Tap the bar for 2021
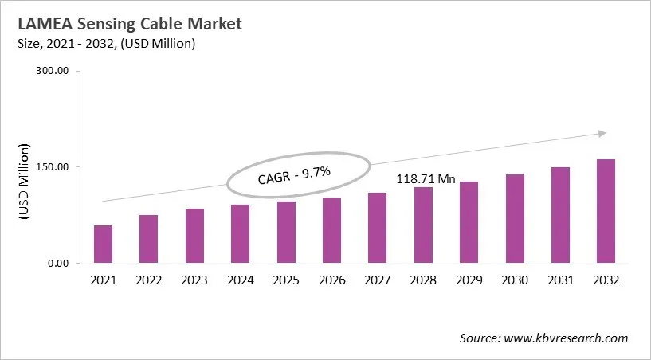click(103, 244)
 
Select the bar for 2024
click(241, 233)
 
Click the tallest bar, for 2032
click(606, 211)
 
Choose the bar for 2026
click(331, 230)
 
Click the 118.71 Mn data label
click(426, 179)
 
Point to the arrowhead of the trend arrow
click(602, 133)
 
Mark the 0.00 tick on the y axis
click(59, 264)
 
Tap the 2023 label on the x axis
click(194, 280)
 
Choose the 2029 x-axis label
click(469, 280)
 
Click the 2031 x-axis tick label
click(560, 280)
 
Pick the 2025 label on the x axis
click(286, 280)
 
